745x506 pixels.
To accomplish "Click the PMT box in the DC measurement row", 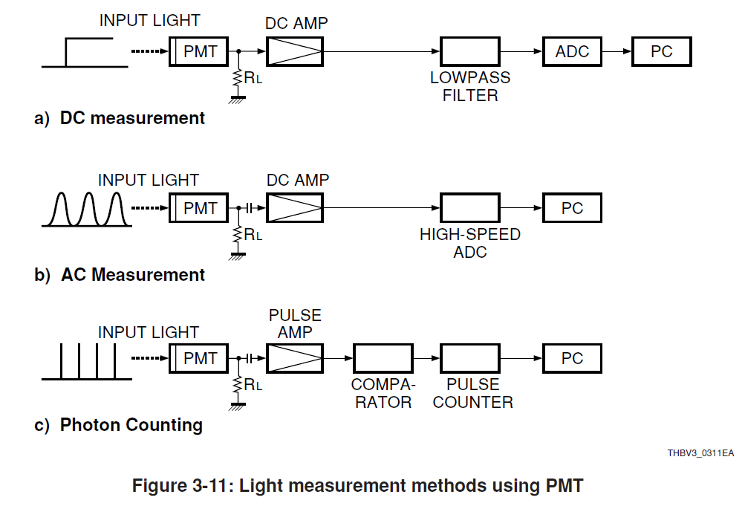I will [198, 51].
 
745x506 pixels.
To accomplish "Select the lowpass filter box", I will [470, 51].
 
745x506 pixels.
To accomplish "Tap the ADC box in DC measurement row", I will [572, 51].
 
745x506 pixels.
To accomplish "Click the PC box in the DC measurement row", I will [661, 51].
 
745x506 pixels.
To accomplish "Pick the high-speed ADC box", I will [470, 208].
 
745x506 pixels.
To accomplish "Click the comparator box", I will [383, 359].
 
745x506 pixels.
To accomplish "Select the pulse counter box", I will [470, 359].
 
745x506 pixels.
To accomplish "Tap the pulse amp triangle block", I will [294, 359].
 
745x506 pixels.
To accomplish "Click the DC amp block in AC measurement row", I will [294, 208].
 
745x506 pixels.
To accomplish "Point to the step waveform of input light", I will [84, 54].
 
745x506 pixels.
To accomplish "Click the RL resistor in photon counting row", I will [238, 385].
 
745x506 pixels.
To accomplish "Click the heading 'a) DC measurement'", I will [120, 118].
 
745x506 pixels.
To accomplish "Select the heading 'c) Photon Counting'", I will [119, 425].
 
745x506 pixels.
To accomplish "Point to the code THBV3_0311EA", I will [700, 453].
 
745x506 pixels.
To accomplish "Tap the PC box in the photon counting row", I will [572, 359].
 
